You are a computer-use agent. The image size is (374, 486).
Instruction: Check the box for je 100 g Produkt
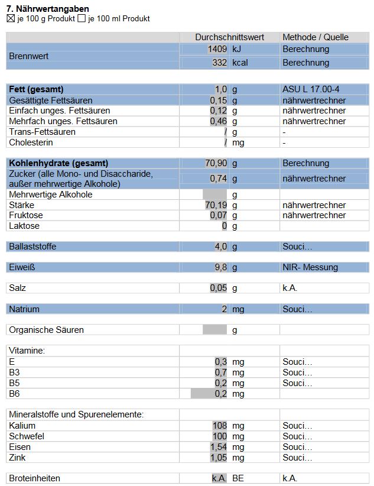point(10,19)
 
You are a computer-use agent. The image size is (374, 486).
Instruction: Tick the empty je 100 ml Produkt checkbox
point(82,19)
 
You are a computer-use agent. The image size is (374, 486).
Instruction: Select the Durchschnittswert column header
point(230,37)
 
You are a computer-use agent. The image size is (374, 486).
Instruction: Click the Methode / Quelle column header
point(316,37)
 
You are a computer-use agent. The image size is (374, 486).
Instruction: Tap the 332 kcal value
point(219,63)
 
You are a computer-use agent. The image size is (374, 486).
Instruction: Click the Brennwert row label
point(28,56)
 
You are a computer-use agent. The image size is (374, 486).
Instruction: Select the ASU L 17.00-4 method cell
point(311,89)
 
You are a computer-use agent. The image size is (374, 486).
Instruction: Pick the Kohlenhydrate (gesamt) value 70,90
point(216,163)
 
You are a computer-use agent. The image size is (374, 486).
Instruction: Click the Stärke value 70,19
point(216,205)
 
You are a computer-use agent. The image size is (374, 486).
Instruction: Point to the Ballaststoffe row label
point(32,247)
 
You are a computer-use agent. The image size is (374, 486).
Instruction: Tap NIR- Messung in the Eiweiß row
point(310,267)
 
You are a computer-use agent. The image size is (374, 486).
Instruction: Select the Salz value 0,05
point(219,289)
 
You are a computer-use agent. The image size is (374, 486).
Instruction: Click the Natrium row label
point(24,309)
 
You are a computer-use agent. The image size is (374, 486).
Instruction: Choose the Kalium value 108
point(219,426)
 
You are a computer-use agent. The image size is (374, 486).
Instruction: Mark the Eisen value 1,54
point(219,447)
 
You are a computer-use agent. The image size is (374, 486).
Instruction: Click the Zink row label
point(18,458)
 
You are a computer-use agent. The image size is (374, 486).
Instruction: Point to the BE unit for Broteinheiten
point(238,478)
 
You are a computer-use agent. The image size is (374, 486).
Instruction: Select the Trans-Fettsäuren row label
point(42,132)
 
